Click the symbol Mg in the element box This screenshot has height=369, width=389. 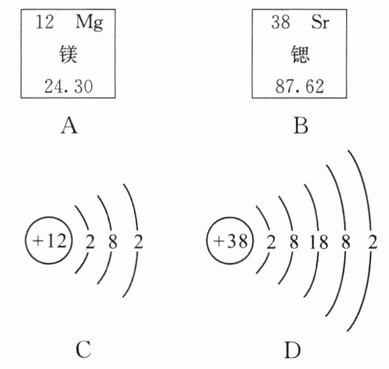89,24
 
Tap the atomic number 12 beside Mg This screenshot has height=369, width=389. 45,24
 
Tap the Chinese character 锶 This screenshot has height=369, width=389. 297,56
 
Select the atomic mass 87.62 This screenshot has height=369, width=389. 297,86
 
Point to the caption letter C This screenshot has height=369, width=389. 84,350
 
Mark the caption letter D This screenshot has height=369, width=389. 289,350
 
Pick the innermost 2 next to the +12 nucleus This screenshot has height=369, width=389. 91,243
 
